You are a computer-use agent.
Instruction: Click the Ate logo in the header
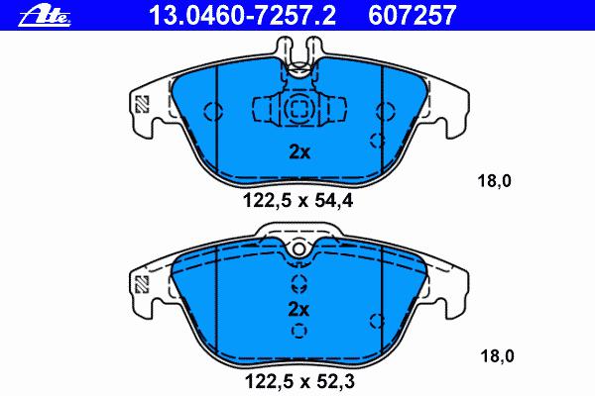[45, 17]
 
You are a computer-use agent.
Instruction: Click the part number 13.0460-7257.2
[243, 15]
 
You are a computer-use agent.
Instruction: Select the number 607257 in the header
[412, 15]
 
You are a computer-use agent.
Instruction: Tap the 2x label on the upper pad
[299, 151]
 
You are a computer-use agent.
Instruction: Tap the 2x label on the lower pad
[298, 310]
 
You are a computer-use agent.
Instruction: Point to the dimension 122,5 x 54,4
[297, 201]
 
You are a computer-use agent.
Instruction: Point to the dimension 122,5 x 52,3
[299, 381]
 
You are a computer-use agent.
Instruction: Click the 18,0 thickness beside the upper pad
[495, 181]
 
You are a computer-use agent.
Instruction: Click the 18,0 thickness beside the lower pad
[497, 356]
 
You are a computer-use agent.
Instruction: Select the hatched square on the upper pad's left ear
[142, 103]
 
